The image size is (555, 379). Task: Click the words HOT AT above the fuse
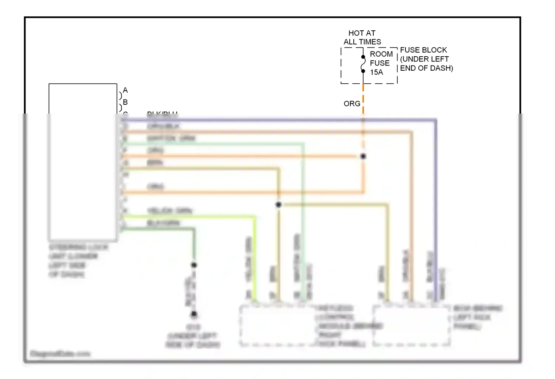361,33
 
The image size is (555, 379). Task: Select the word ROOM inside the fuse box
381,54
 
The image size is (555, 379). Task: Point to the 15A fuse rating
376,73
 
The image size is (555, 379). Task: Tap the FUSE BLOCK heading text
423,50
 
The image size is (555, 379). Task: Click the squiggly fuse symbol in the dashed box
363,64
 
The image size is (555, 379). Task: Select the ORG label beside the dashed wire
351,104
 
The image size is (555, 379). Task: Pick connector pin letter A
125,90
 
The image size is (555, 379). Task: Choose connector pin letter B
125,102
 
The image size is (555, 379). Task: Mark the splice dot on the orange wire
363,156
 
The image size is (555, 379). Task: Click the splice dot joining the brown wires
279,205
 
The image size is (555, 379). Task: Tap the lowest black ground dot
194,315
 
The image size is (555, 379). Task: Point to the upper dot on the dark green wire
194,265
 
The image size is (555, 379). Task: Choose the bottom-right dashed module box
411,326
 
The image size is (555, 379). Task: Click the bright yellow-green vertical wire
255,259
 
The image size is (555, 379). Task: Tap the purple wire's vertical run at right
436,207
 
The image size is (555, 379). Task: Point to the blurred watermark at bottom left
60,354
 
